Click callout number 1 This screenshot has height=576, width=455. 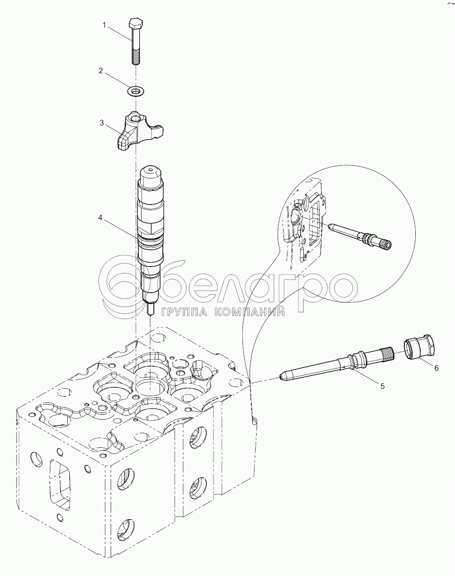[104, 25]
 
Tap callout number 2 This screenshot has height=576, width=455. [101, 71]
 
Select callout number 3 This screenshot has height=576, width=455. [101, 123]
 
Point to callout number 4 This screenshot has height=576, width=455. [100, 218]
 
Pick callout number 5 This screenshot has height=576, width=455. [382, 386]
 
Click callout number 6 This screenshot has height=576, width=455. [436, 368]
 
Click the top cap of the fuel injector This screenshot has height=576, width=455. [151, 174]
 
